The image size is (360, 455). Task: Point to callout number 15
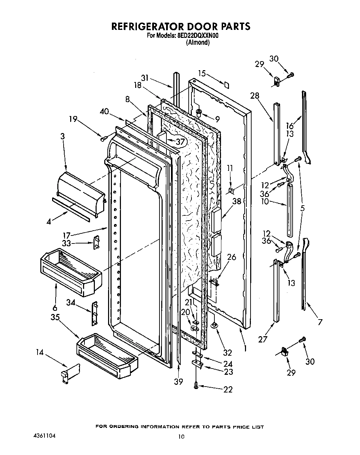[202, 73]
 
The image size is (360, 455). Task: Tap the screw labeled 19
[103, 139]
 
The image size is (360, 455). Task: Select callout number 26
[231, 257]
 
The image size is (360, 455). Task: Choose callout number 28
[255, 96]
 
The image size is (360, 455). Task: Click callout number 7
[320, 322]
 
